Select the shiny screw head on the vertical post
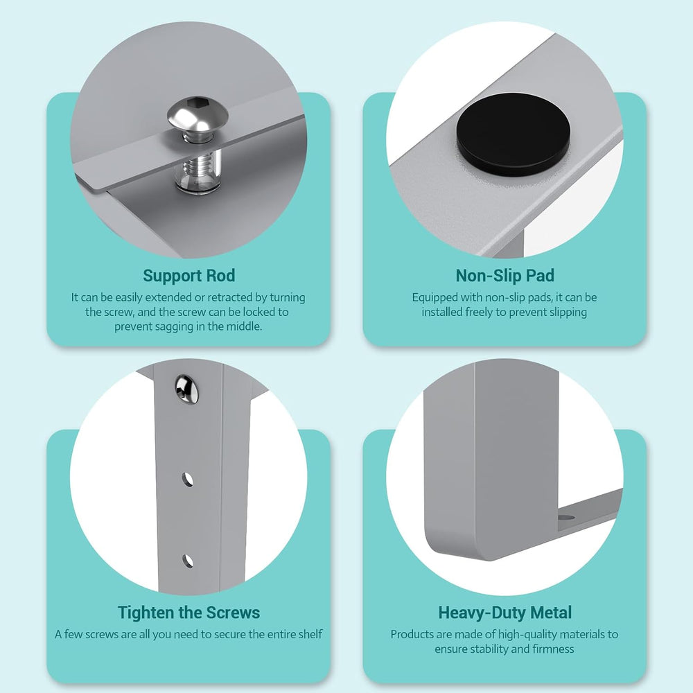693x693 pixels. pyautogui.click(x=186, y=389)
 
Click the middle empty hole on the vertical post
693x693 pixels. pyautogui.click(x=187, y=480)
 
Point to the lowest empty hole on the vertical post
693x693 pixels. pyautogui.click(x=187, y=561)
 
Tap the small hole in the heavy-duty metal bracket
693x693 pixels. pyautogui.click(x=565, y=517)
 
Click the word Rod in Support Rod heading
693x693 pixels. pyautogui.click(x=220, y=276)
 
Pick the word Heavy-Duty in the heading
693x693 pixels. pyautogui.click(x=482, y=613)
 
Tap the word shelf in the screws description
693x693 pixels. pyautogui.click(x=310, y=634)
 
